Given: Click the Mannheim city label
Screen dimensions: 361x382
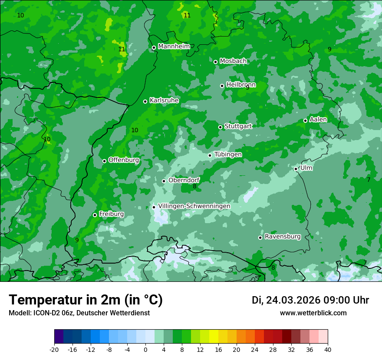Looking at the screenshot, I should point(174,46).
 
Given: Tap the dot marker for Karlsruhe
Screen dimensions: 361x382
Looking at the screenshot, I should point(145,102).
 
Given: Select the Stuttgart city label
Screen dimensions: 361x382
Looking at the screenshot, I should point(238,126).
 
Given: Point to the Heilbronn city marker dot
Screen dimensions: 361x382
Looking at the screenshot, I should point(222,86).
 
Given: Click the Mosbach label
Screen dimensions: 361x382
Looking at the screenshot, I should point(233,61).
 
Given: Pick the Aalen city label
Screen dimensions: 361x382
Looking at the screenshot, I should point(318,120).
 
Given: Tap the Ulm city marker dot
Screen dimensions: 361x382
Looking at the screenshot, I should point(296,169).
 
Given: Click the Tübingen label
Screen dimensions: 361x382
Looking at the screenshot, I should point(228,154).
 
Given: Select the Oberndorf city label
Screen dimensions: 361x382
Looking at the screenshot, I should point(184,180).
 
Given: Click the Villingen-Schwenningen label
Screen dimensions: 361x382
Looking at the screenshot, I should point(194,206).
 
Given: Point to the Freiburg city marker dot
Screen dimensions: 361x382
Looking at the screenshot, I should point(95,215).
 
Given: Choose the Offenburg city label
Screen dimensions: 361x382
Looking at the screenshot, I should point(124,160).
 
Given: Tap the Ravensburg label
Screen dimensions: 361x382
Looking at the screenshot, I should point(283,237).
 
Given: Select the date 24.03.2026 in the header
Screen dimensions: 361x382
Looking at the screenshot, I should point(293,300).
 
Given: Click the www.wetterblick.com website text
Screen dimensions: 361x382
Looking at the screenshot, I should point(313,313).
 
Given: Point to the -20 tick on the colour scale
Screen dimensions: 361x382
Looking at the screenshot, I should point(54,349).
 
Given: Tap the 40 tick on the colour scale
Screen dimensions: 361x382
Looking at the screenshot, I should point(328,349).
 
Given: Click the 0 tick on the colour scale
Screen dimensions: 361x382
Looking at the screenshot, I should point(145,349).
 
